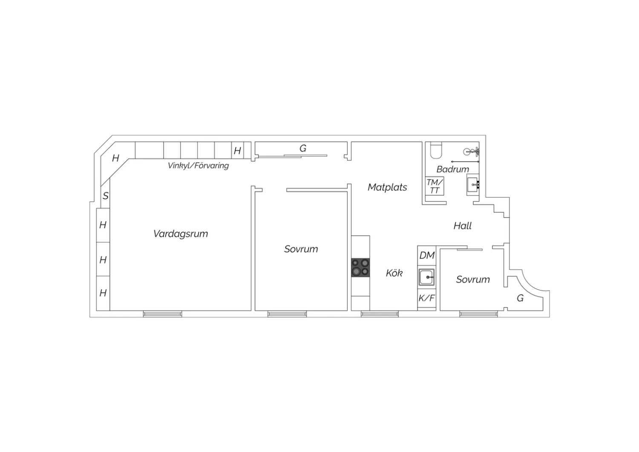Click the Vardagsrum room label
pyautogui.click(x=181, y=234)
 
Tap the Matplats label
pyautogui.click(x=387, y=187)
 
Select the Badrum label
pyautogui.click(x=453, y=169)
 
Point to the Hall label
pyautogui.click(x=462, y=226)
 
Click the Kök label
pyautogui.click(x=394, y=273)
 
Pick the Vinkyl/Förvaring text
pyautogui.click(x=198, y=165)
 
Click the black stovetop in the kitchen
pyautogui.click(x=360, y=267)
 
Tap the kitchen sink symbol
pyautogui.click(x=427, y=277)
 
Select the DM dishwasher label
pyautogui.click(x=427, y=255)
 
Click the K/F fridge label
pyautogui.click(x=427, y=298)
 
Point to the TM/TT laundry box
pyautogui.click(x=435, y=186)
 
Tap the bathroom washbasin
pyautogui.click(x=473, y=185)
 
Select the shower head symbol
pyautogui.click(x=471, y=152)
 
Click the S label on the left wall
pyautogui.click(x=106, y=196)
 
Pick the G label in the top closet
pyautogui.click(x=302, y=148)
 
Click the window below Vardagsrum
pyautogui.click(x=162, y=314)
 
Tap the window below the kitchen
pyautogui.click(x=380, y=314)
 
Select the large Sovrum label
pyautogui.click(x=301, y=249)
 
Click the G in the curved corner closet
pyautogui.click(x=520, y=298)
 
